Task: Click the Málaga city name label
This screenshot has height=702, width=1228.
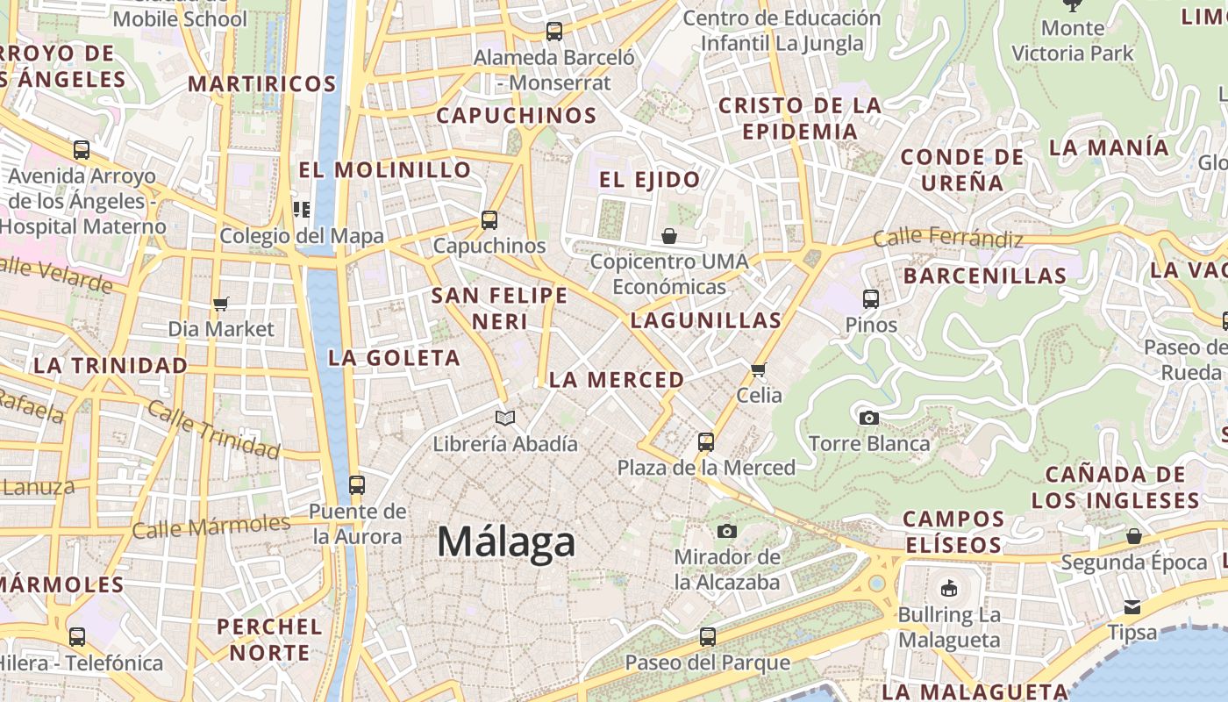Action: tap(506, 541)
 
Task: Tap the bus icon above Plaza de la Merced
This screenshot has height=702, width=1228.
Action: tap(706, 441)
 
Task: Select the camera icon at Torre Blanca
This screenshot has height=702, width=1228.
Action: tap(869, 418)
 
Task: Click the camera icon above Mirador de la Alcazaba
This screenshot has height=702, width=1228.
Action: tap(726, 531)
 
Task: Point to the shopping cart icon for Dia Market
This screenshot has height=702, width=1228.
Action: tap(221, 304)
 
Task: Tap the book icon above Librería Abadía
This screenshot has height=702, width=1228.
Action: tap(504, 418)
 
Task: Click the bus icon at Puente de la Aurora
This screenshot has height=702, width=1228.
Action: tap(356, 484)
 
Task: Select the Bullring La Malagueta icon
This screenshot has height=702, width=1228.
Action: tap(948, 588)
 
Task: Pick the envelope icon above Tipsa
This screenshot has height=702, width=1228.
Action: tap(1132, 606)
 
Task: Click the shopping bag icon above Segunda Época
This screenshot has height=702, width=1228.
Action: tap(1134, 536)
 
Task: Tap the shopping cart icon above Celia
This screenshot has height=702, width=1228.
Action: tap(759, 369)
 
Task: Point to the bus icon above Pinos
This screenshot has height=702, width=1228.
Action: tap(871, 299)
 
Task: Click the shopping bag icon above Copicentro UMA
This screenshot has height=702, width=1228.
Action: tap(669, 235)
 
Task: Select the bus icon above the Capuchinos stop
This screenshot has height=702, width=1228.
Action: tap(489, 219)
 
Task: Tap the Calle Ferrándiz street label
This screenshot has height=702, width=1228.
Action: tap(948, 238)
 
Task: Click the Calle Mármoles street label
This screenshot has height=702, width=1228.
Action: tap(211, 526)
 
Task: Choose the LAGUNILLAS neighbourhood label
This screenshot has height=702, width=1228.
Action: tap(705, 320)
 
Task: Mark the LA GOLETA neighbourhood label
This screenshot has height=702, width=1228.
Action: tap(394, 358)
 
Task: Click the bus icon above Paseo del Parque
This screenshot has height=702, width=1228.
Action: tap(707, 637)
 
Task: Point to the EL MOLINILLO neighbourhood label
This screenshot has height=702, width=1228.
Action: tap(385, 169)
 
